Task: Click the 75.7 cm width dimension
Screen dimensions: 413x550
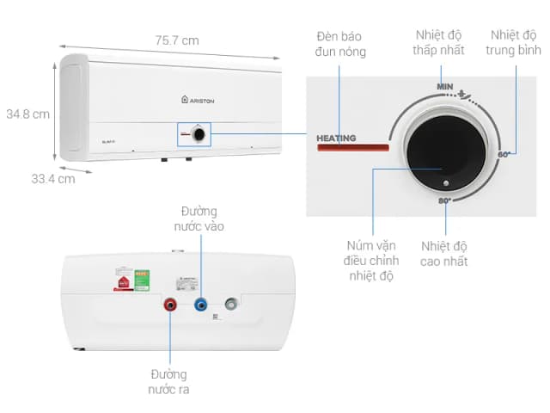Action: tap(177, 40)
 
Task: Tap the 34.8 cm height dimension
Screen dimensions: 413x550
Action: tap(27, 114)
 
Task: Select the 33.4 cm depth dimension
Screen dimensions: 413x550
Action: tap(53, 179)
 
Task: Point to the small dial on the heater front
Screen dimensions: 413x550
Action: tap(199, 134)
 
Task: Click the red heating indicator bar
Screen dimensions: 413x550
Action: tap(352, 148)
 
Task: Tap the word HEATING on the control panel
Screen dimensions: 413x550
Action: tap(336, 138)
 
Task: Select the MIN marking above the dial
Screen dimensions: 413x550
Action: tap(444, 86)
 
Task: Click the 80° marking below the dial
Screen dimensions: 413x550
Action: tap(444, 200)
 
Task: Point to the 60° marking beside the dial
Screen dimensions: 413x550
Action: tap(504, 154)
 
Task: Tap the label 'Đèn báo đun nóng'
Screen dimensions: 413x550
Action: tap(340, 44)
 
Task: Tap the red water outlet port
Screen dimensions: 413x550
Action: tap(169, 304)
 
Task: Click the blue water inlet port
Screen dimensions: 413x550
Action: tap(201, 304)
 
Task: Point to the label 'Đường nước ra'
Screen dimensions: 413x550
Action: tap(169, 382)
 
